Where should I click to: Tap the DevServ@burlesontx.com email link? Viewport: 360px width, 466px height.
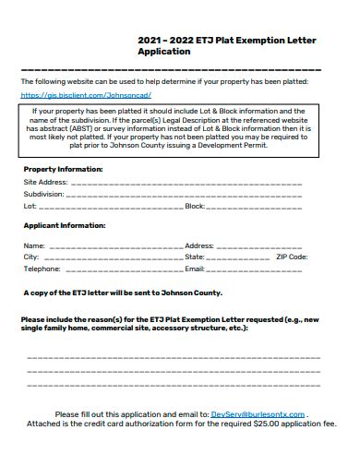point(258,414)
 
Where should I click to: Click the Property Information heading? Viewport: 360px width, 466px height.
point(63,170)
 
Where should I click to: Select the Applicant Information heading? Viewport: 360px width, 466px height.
point(64,225)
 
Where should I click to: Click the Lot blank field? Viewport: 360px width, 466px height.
point(111,207)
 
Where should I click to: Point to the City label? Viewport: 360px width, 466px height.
point(30,257)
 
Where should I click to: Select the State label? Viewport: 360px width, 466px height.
point(196,257)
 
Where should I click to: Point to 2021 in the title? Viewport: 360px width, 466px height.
point(150,41)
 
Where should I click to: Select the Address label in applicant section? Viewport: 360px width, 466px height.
point(199,246)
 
